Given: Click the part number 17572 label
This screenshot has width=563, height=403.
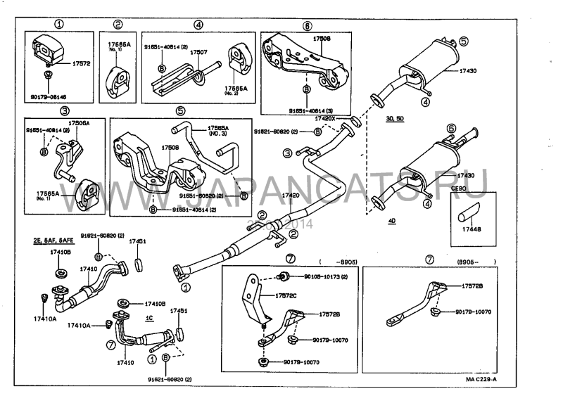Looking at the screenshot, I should point(82,63).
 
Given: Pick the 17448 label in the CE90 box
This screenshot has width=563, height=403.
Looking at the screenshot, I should point(467,229).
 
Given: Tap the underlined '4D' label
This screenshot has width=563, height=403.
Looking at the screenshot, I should point(391,221).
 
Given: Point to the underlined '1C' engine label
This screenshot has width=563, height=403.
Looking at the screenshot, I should point(149,317).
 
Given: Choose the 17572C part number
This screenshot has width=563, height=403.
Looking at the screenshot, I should point(285,295).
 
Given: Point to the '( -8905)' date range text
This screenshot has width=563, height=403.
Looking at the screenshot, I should point(338,262).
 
